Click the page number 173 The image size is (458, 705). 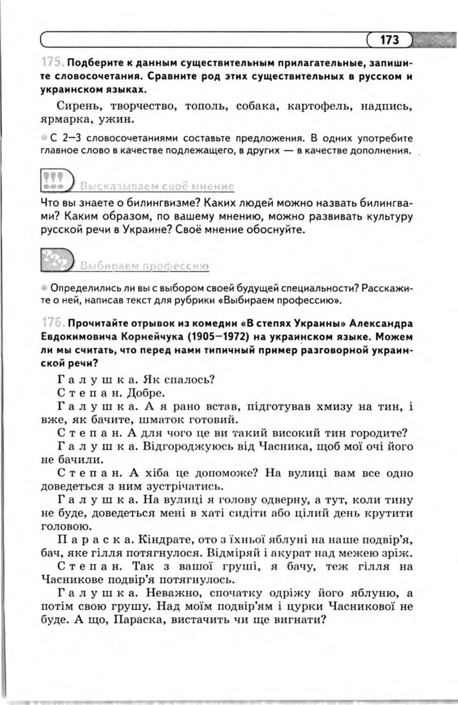[x=390, y=40]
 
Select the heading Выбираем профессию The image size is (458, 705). [x=145, y=266]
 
